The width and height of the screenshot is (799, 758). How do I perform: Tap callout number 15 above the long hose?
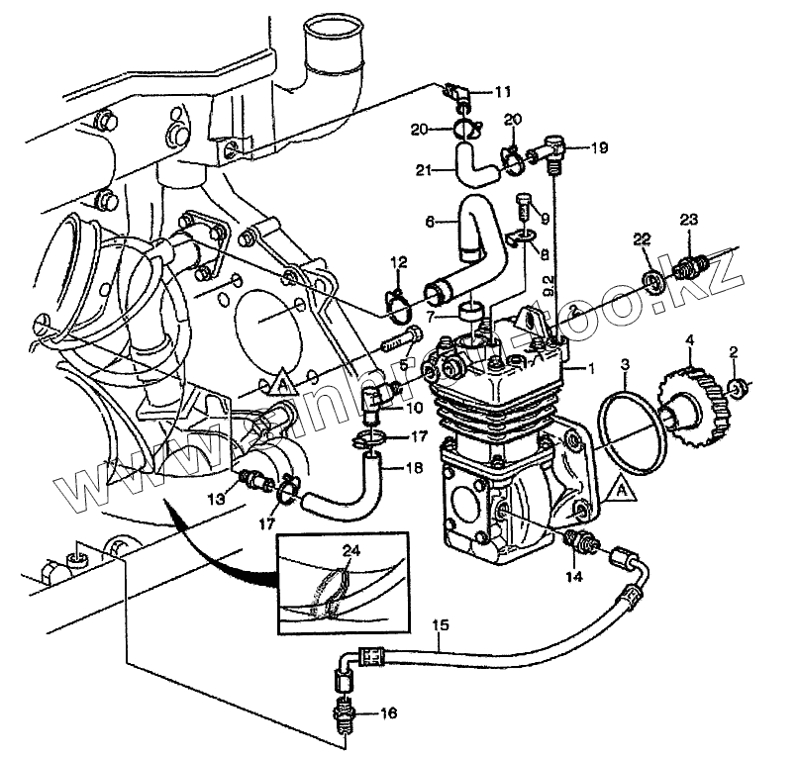440,625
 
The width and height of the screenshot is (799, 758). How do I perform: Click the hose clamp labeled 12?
397,308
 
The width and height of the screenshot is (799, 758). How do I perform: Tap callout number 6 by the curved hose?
430,224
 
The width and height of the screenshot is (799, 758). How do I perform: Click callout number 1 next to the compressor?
592,368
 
